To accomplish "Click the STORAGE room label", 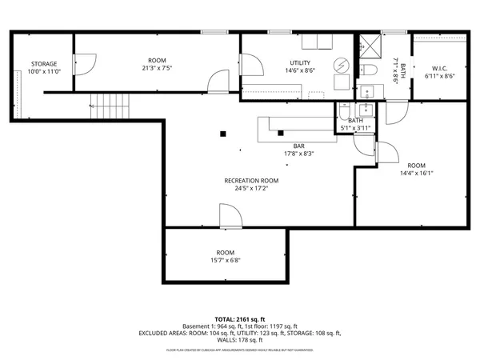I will [x=44, y=64].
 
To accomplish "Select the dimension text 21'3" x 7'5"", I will [x=157, y=68].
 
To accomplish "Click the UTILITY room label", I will [x=301, y=63].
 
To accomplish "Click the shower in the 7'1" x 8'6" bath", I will [x=370, y=47].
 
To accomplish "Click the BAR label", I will [x=298, y=146].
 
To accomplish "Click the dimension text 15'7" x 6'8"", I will [x=225, y=260].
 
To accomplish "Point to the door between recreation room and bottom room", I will [x=230, y=216].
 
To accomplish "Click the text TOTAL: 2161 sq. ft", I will [x=240, y=319].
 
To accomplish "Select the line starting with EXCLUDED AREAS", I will [x=240, y=333].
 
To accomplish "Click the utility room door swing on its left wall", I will [x=251, y=63].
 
